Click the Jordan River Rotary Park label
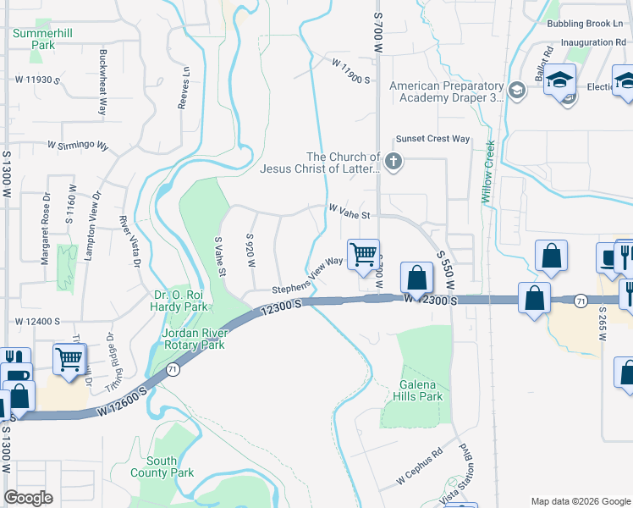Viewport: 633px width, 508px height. coord(193,339)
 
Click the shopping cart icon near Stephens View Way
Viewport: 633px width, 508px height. coord(364,254)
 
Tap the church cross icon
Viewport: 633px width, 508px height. coord(393,161)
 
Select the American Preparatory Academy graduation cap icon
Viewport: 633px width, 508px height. coord(516,88)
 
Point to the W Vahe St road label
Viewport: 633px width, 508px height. coord(350,215)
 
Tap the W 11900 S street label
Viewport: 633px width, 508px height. coord(351,71)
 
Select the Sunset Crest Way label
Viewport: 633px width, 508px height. coord(432,139)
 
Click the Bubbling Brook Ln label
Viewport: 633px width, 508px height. coord(585,24)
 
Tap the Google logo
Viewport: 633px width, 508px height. coord(29,498)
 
